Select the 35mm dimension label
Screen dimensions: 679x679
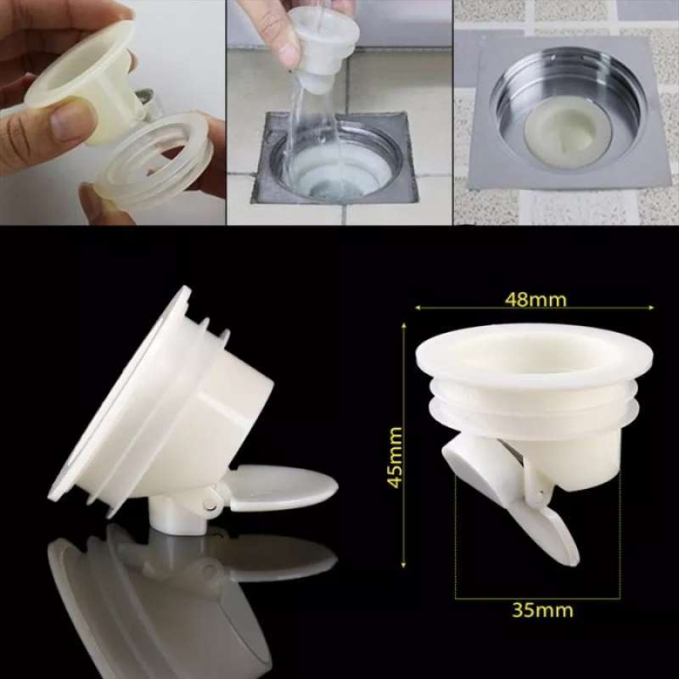[x=543, y=609]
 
